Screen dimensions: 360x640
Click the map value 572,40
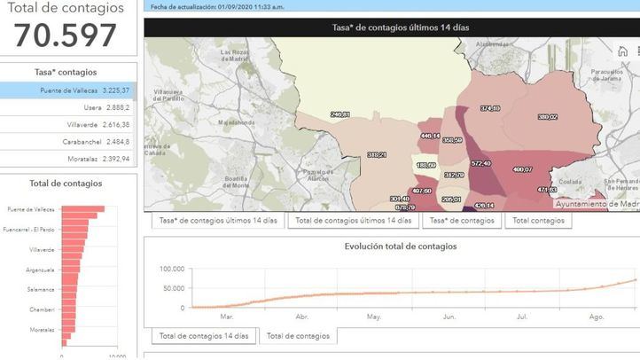pyautogui.click(x=481, y=163)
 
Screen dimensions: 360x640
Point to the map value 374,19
pyautogui.click(x=490, y=108)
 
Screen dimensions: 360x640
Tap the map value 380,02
pyautogui.click(x=547, y=117)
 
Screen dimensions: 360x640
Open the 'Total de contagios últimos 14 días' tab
pyautogui.click(x=354, y=220)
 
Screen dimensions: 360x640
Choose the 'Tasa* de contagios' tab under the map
pyautogui.click(x=461, y=220)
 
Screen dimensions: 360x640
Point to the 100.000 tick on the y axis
pyautogui.click(x=172, y=269)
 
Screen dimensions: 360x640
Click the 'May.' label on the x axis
pyautogui.click(x=373, y=316)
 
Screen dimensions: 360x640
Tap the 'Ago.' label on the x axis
pyautogui.click(x=596, y=316)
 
